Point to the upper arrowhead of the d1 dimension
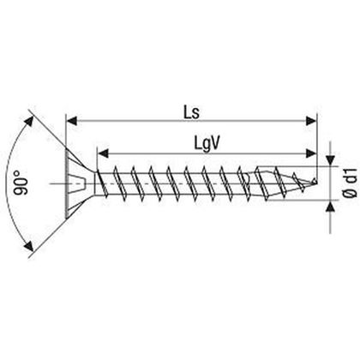[330, 161]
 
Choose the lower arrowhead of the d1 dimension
[330, 204]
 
